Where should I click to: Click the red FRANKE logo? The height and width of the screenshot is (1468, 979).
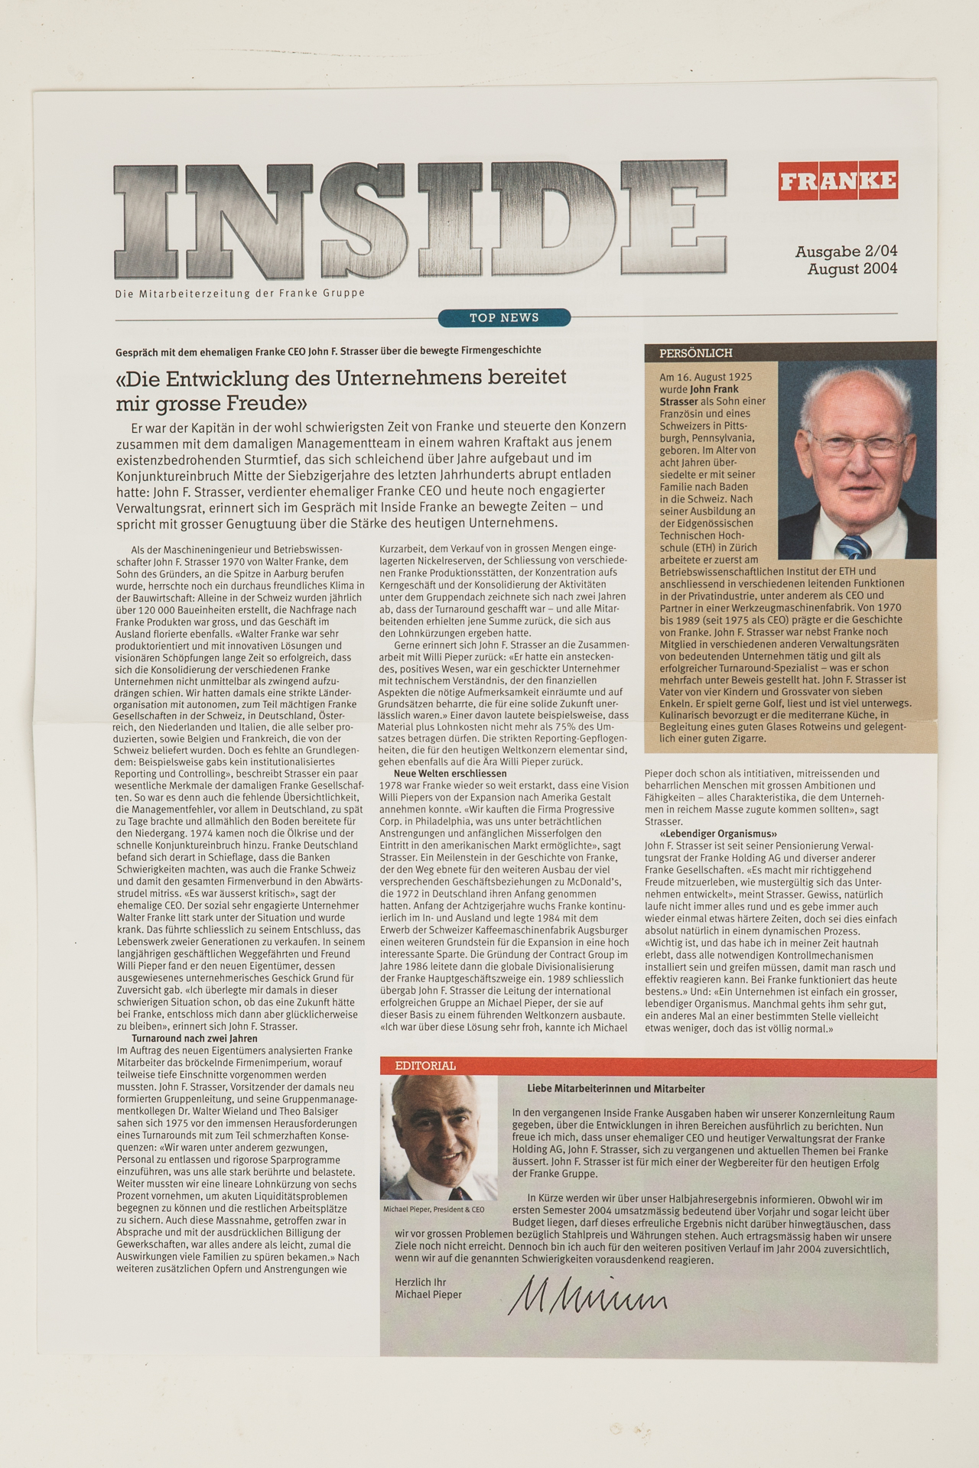coord(838,181)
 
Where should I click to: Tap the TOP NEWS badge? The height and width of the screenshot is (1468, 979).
coord(504,317)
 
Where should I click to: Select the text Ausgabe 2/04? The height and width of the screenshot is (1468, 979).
coord(846,251)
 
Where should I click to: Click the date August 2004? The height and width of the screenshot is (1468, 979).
coord(852,268)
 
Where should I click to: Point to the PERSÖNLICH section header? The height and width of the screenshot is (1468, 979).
coord(696,353)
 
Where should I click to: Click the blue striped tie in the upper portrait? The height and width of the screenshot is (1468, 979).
coord(852,546)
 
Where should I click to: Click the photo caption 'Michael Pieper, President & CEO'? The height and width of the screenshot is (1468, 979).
coord(434,1210)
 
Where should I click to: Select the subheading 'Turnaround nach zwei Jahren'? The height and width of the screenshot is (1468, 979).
coord(194,1038)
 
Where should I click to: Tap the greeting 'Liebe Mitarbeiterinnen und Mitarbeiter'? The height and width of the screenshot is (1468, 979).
coord(616,1089)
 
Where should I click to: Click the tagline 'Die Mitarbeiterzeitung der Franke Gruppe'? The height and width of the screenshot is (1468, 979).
coord(239,293)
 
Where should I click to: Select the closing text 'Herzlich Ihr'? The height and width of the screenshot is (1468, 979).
coord(420,1282)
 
